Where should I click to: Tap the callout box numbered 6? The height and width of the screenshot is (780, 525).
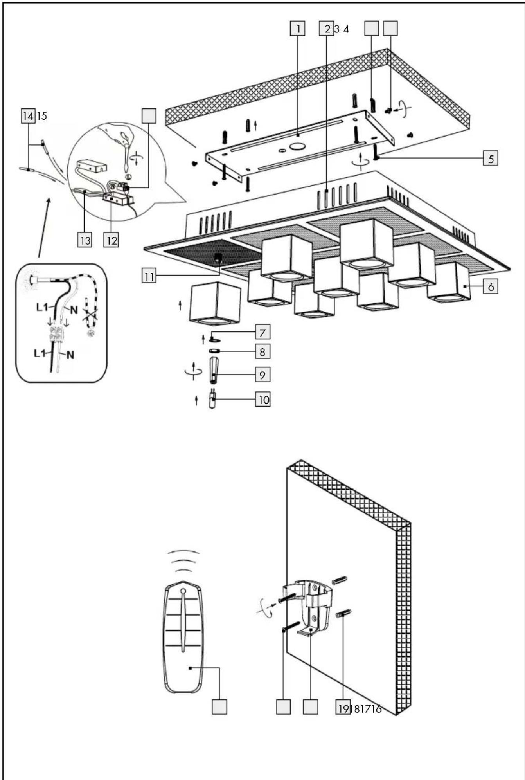[x=491, y=286]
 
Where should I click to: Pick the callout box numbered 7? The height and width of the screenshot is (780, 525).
[x=262, y=332]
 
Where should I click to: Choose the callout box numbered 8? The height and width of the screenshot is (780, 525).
[x=262, y=351]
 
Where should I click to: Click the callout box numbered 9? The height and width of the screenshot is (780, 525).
[x=262, y=375]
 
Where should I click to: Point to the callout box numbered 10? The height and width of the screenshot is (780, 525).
[x=263, y=400]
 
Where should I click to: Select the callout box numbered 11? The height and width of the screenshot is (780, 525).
[x=149, y=276]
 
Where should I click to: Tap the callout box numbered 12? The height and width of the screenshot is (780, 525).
[x=111, y=240]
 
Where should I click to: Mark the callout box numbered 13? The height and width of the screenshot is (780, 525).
[x=85, y=240]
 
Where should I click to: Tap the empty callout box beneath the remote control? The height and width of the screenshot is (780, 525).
[x=219, y=707]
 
